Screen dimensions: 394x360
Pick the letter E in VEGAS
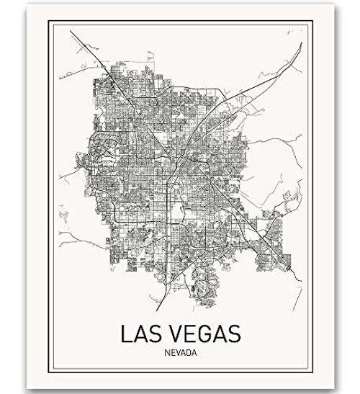pos(188,336)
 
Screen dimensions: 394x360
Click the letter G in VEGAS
pos(203,336)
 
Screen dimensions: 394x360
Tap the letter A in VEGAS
pos(219,336)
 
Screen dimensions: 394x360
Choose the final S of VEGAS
pos(234,336)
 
